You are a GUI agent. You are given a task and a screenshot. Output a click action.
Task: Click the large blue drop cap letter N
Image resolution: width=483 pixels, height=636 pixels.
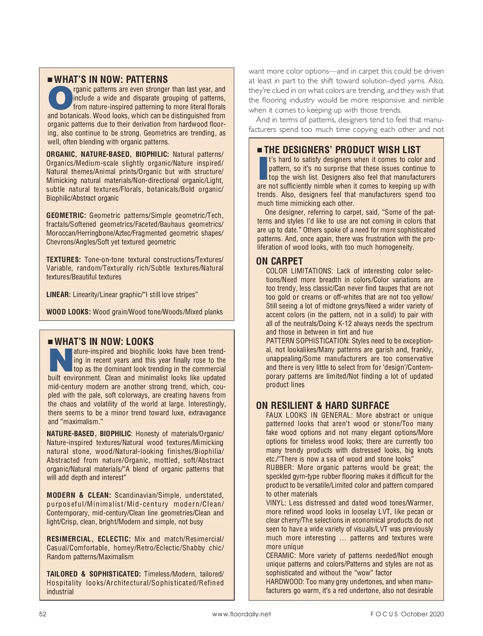60,361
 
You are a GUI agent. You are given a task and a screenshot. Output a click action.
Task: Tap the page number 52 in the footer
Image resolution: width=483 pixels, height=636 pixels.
43,614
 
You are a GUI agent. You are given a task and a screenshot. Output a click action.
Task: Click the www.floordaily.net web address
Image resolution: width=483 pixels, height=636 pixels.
242,614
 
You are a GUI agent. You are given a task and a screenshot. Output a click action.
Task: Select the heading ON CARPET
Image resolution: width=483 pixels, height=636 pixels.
279,261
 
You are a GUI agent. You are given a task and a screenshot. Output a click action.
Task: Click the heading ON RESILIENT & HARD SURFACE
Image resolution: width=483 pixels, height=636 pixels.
322,405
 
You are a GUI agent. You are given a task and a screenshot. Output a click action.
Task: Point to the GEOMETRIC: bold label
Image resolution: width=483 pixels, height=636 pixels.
66,215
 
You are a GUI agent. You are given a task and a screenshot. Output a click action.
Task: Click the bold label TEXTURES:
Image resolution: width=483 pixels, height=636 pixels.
64,260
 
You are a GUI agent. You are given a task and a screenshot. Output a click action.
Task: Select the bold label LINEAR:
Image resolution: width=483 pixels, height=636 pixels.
58,295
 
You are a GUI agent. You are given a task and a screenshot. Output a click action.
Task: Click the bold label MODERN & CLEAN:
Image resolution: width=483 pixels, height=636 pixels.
78,495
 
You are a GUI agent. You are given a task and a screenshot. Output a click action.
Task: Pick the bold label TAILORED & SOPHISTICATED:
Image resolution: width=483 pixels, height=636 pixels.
93,574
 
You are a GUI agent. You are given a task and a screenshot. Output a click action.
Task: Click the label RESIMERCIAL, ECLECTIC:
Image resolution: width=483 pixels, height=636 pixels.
89,539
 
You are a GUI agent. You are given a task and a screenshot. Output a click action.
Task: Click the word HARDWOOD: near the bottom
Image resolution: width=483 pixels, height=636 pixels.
285,582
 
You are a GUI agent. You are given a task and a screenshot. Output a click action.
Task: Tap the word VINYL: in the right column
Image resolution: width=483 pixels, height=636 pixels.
276,503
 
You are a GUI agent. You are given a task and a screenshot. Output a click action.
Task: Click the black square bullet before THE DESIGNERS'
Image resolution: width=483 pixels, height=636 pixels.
259,150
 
